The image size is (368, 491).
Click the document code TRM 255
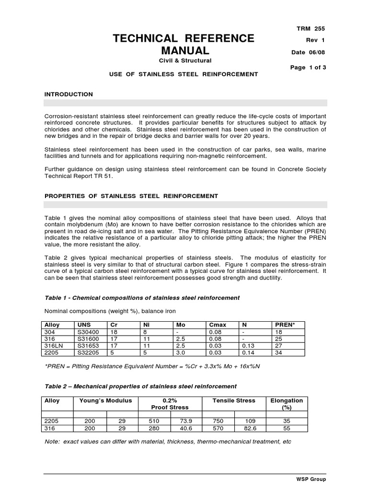[311, 29]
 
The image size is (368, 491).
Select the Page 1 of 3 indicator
[308, 68]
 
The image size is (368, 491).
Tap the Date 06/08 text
[309, 53]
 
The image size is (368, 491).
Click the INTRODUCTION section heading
[69, 94]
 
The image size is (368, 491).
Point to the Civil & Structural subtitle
[184, 60]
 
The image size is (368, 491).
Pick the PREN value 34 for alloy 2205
[278, 352]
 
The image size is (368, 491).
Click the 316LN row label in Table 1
[53, 345]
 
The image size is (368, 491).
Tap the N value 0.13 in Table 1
[247, 345]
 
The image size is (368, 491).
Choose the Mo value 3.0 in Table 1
[180, 352]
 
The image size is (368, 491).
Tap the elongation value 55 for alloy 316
[287, 428]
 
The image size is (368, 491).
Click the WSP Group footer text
[310, 479]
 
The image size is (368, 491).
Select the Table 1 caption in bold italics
[142, 298]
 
